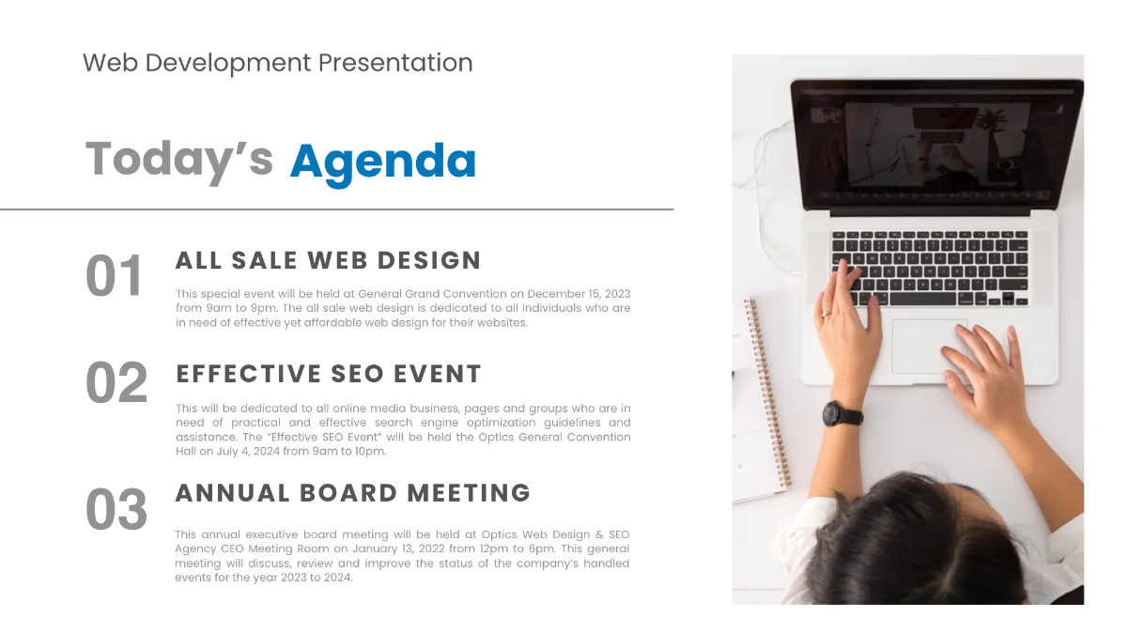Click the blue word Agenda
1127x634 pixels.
click(x=382, y=161)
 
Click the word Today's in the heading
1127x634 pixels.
click(x=178, y=159)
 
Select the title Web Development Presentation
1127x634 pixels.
click(x=277, y=63)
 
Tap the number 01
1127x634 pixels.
click(x=114, y=276)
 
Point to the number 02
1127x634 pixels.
click(x=116, y=383)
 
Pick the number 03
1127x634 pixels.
click(x=116, y=510)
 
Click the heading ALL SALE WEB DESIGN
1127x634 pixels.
click(x=328, y=260)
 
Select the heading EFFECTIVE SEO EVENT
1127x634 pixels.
click(x=329, y=374)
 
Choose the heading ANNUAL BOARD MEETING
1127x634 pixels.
click(x=352, y=493)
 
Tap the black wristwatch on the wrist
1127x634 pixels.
click(x=839, y=413)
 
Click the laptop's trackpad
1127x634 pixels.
click(x=930, y=346)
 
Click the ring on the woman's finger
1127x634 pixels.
click(x=826, y=313)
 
